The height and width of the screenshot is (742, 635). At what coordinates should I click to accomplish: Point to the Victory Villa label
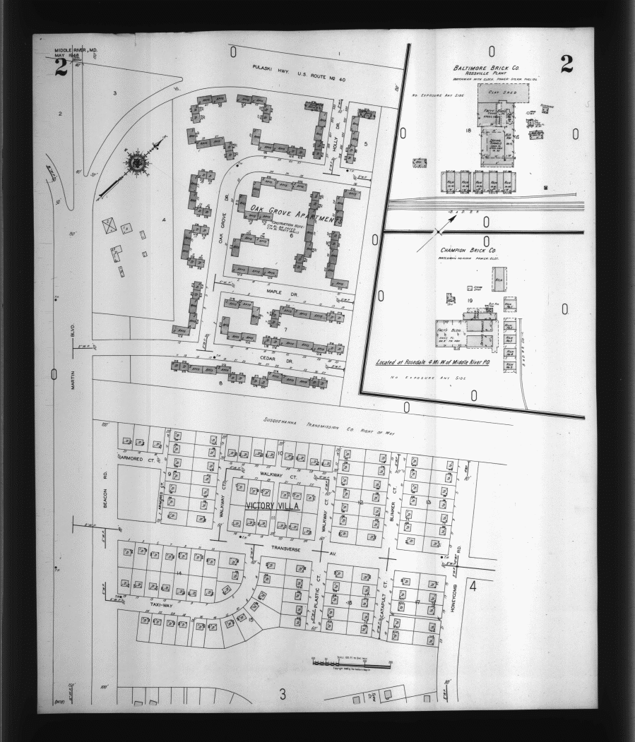coord(272,506)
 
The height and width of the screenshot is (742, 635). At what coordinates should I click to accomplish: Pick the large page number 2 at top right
coord(566,64)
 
